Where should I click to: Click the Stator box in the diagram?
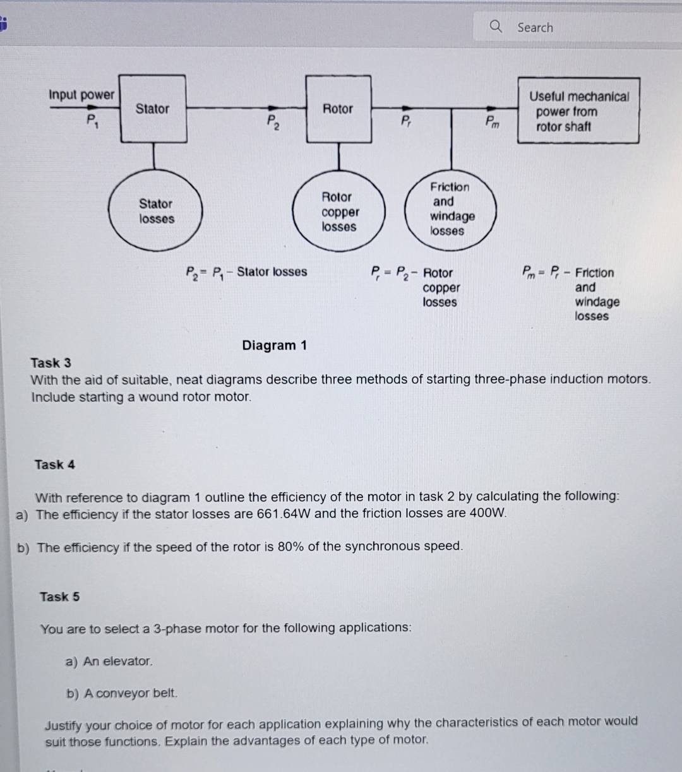(x=152, y=109)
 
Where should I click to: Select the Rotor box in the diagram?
(x=338, y=109)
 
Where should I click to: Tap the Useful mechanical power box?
(x=578, y=111)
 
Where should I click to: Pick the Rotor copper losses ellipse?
(x=338, y=212)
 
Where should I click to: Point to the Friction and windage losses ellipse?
(x=450, y=208)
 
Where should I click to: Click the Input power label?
(x=81, y=95)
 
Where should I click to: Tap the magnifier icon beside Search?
(x=497, y=27)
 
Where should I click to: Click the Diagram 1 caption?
(x=274, y=345)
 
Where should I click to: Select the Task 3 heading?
(x=51, y=363)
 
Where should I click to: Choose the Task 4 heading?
(x=54, y=465)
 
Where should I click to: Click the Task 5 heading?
(x=59, y=597)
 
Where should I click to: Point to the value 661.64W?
(x=283, y=513)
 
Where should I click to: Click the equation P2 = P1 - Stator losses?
(x=246, y=273)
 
